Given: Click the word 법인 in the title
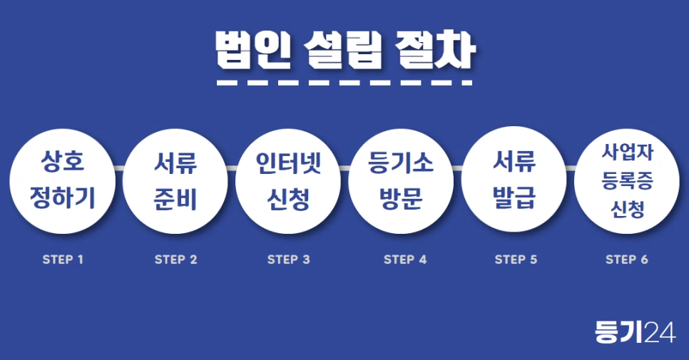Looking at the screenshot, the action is click(x=252, y=50).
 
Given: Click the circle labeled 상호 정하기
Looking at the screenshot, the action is click(x=62, y=180).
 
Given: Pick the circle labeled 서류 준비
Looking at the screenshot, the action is click(x=175, y=180).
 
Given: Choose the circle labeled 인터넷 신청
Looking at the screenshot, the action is click(x=288, y=180).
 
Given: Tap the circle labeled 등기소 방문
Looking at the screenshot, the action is click(x=401, y=180).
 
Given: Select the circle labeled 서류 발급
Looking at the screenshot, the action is click(x=514, y=180).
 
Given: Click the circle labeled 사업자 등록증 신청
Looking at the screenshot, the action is click(x=627, y=180).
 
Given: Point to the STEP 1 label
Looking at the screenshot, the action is click(x=63, y=259).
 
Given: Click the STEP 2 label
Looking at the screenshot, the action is click(x=175, y=259).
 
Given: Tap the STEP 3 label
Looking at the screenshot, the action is click(x=288, y=259).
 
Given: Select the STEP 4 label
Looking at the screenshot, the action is click(x=405, y=259).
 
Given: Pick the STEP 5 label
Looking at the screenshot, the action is click(x=516, y=259).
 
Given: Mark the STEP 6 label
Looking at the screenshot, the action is click(x=627, y=259).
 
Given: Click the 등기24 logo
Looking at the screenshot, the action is click(x=635, y=332).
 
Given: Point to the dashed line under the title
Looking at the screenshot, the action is click(x=344, y=83).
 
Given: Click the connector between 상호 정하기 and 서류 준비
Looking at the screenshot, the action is click(x=118, y=168).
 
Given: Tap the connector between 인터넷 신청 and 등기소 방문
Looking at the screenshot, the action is click(x=344, y=168).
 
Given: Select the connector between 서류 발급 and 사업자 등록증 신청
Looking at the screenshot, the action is click(x=571, y=168).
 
